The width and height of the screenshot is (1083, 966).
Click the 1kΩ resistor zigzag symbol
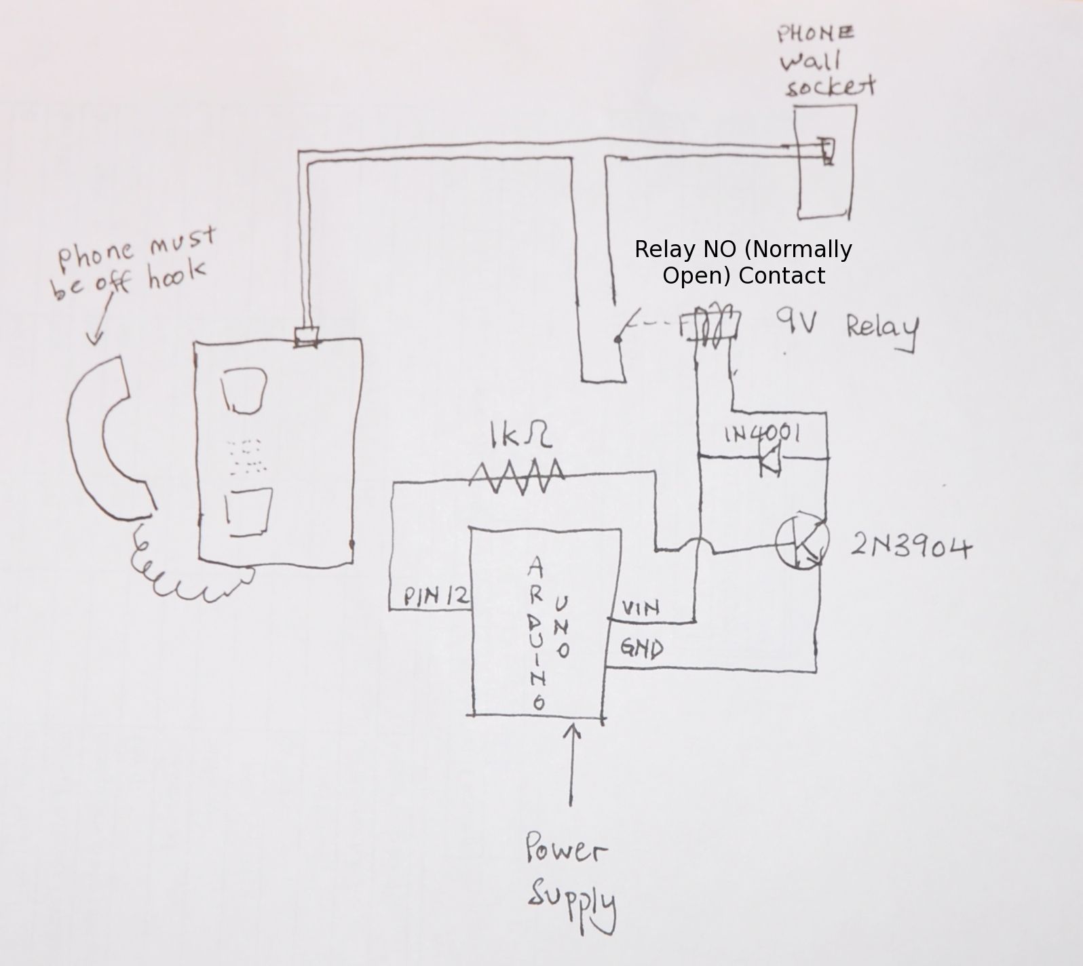pos(518,476)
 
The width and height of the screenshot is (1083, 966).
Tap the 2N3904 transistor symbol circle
pos(802,543)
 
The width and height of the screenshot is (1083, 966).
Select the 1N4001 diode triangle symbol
pos(770,461)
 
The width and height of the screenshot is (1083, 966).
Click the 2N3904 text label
pos(911,546)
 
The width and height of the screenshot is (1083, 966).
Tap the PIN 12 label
pos(436,596)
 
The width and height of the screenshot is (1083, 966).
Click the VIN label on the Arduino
pos(640,607)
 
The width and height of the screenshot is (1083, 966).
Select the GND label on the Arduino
pos(641,649)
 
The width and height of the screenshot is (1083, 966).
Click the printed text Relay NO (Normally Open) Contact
pos(743,263)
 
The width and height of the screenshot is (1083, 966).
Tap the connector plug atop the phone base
pos(307,336)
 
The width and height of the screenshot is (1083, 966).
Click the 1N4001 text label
pos(761,433)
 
